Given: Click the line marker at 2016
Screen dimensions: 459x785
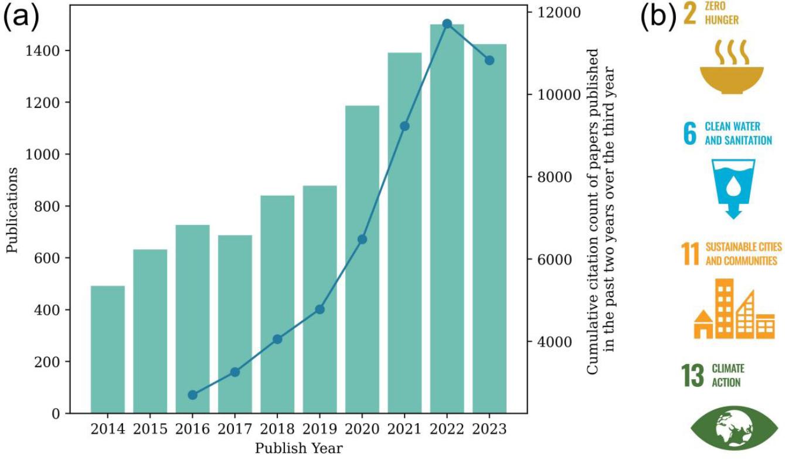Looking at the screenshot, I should (x=192, y=395).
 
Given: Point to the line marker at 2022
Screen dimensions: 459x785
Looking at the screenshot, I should (x=447, y=23).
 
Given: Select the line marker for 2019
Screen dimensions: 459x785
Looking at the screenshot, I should (x=320, y=309).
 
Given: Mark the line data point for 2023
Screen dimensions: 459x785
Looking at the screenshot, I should (x=490, y=60).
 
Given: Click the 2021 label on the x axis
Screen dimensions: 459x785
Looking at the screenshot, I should (x=405, y=429).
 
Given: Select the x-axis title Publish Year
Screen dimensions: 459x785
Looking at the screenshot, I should (x=298, y=448).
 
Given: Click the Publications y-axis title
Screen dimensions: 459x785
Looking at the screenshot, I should (x=12, y=210).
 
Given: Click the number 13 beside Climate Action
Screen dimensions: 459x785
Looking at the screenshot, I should (x=692, y=376).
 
